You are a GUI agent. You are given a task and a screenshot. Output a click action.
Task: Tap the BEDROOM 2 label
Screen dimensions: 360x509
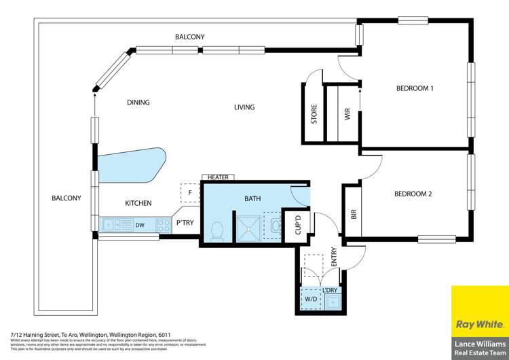click(x=413, y=194)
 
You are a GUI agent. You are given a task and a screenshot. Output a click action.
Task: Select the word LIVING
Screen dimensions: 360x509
click(x=244, y=107)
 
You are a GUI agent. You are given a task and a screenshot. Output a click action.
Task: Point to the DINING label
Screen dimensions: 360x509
click(x=138, y=103)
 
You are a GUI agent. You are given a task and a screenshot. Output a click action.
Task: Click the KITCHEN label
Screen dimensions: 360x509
click(x=138, y=203)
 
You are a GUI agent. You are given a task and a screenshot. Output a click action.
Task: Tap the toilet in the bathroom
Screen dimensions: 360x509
click(x=217, y=231)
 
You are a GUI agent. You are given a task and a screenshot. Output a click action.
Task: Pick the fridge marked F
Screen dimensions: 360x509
click(x=190, y=193)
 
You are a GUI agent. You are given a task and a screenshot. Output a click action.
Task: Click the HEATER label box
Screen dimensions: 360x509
click(x=218, y=177)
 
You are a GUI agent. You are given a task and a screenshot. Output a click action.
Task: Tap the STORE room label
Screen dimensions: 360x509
click(x=314, y=115)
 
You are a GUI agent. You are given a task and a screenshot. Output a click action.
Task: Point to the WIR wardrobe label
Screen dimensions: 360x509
click(x=347, y=115)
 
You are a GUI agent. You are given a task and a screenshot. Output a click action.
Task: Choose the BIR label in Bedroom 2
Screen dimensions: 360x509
click(x=353, y=213)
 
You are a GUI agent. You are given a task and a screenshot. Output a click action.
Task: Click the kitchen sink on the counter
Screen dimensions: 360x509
click(x=113, y=223)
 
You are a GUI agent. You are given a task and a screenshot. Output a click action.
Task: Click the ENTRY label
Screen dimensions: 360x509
click(x=333, y=256)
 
